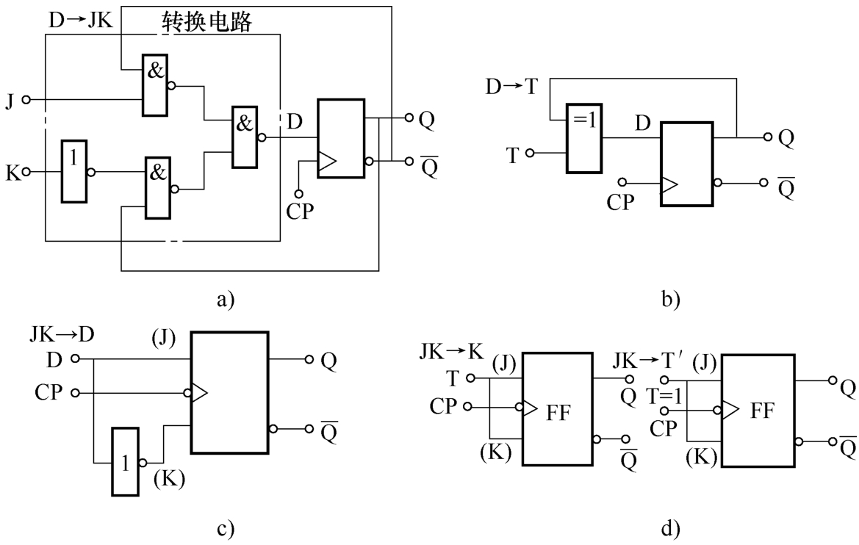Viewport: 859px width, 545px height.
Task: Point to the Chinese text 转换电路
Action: [x=206, y=23]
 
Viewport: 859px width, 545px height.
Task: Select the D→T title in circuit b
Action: [x=512, y=87]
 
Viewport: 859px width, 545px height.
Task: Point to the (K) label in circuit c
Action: [x=168, y=480]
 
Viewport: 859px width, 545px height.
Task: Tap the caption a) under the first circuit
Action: [x=225, y=299]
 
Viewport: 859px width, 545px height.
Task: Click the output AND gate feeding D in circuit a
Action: [x=244, y=136]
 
